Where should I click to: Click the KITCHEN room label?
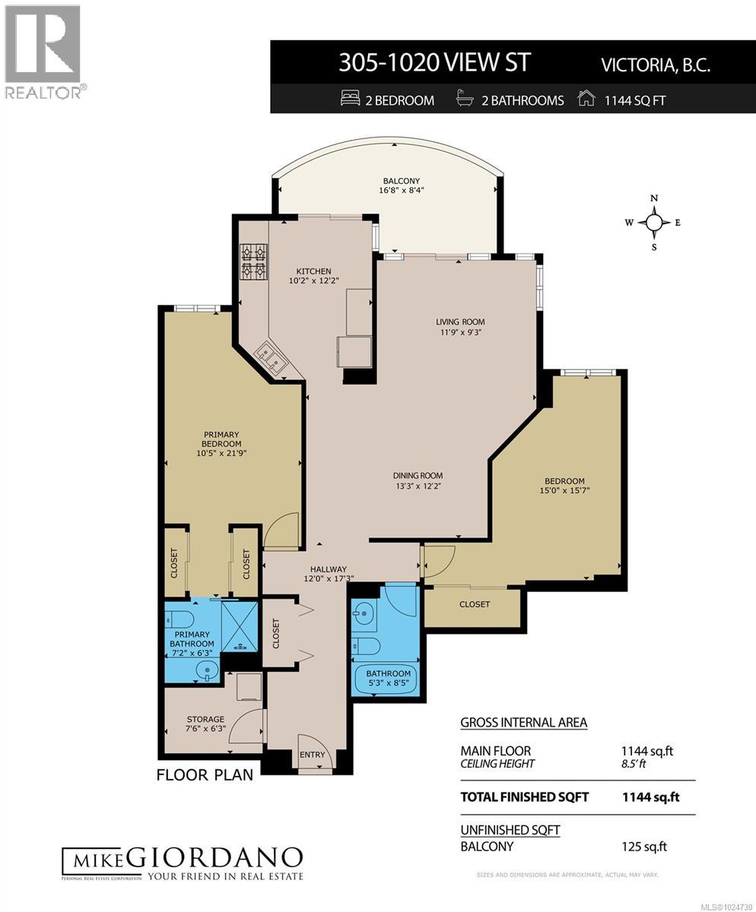coord(313,271)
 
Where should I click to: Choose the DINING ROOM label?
coord(418,476)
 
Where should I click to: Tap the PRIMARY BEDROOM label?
coord(221,439)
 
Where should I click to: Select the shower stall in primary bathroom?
coord(239,627)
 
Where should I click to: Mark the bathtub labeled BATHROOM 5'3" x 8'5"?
coord(388,677)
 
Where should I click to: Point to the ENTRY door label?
coord(312,755)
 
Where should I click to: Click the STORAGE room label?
coord(205,719)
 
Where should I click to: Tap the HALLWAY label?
coord(328,569)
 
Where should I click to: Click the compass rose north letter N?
coord(654,198)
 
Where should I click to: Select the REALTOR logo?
coord(44,52)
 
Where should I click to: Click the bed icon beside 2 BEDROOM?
coord(350,100)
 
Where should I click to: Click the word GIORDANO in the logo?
coord(214,858)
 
